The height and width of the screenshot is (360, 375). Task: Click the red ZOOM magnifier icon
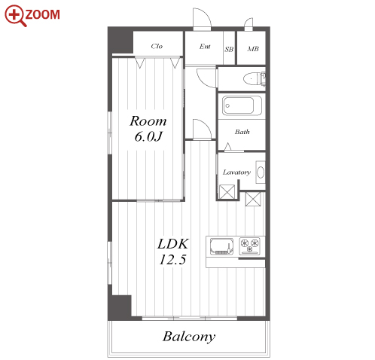point(15,15)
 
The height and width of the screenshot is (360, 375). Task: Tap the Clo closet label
point(157,46)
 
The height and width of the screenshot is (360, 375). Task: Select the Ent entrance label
point(205,47)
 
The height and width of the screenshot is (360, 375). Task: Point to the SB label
point(229,49)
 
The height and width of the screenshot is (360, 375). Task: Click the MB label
point(253,49)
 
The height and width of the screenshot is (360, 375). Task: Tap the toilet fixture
point(255,79)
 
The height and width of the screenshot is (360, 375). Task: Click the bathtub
point(242,105)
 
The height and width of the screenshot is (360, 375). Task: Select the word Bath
point(242,132)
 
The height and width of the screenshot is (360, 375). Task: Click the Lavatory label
point(236,172)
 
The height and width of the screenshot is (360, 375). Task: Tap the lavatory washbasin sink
point(261,172)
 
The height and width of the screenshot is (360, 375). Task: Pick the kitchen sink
point(221,246)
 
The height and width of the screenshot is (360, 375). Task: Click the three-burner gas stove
point(249,245)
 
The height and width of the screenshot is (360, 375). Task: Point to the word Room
point(148,121)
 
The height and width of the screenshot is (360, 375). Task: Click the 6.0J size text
point(148,137)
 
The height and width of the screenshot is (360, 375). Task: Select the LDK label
point(172,244)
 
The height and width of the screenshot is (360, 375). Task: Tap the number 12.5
point(172,260)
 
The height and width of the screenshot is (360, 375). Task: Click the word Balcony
point(189,337)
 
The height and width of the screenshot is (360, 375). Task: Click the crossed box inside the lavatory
point(227,192)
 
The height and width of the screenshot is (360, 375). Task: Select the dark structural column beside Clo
point(121,41)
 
